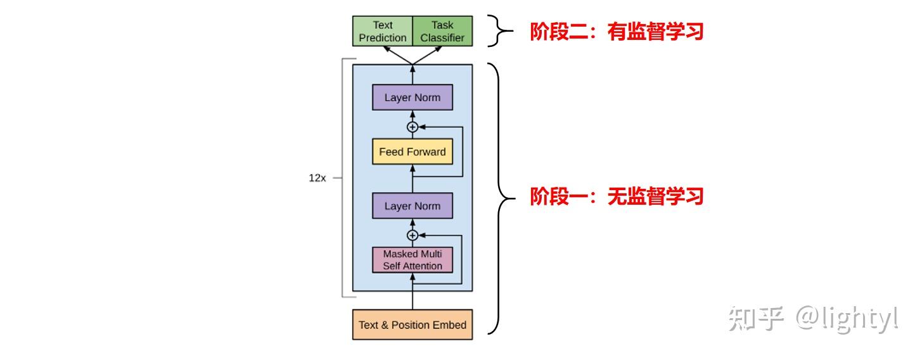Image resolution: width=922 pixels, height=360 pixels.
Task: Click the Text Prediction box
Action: click(382, 31)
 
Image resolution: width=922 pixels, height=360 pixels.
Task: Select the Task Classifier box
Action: click(442, 31)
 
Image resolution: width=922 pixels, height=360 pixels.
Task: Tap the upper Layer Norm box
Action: click(412, 98)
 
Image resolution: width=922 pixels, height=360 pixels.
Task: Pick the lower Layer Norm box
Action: click(412, 206)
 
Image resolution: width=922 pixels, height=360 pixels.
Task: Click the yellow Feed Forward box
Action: click(412, 152)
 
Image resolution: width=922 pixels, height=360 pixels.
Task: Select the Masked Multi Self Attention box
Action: click(412, 260)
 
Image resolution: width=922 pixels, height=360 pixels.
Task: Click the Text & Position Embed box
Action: click(412, 325)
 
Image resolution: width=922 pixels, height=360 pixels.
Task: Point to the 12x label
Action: click(317, 178)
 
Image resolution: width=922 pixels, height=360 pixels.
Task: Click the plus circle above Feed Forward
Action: click(413, 127)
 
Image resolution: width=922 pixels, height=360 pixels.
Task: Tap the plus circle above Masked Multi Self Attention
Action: click(413, 235)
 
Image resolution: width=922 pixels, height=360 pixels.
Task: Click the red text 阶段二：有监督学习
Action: click(617, 32)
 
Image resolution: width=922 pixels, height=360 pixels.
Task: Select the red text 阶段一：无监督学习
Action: click(617, 196)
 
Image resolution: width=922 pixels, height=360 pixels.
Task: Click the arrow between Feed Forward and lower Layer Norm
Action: click(413, 179)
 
